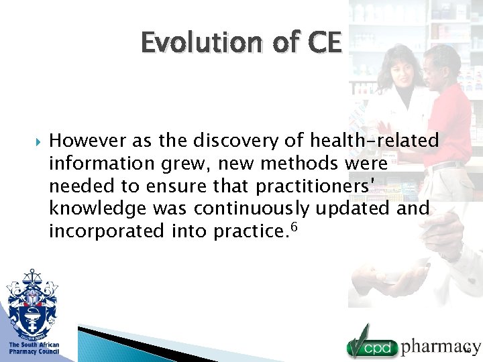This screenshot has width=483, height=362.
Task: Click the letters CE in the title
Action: point(325,43)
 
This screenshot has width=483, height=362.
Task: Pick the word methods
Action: point(299,164)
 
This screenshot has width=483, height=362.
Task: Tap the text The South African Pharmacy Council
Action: point(34,348)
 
